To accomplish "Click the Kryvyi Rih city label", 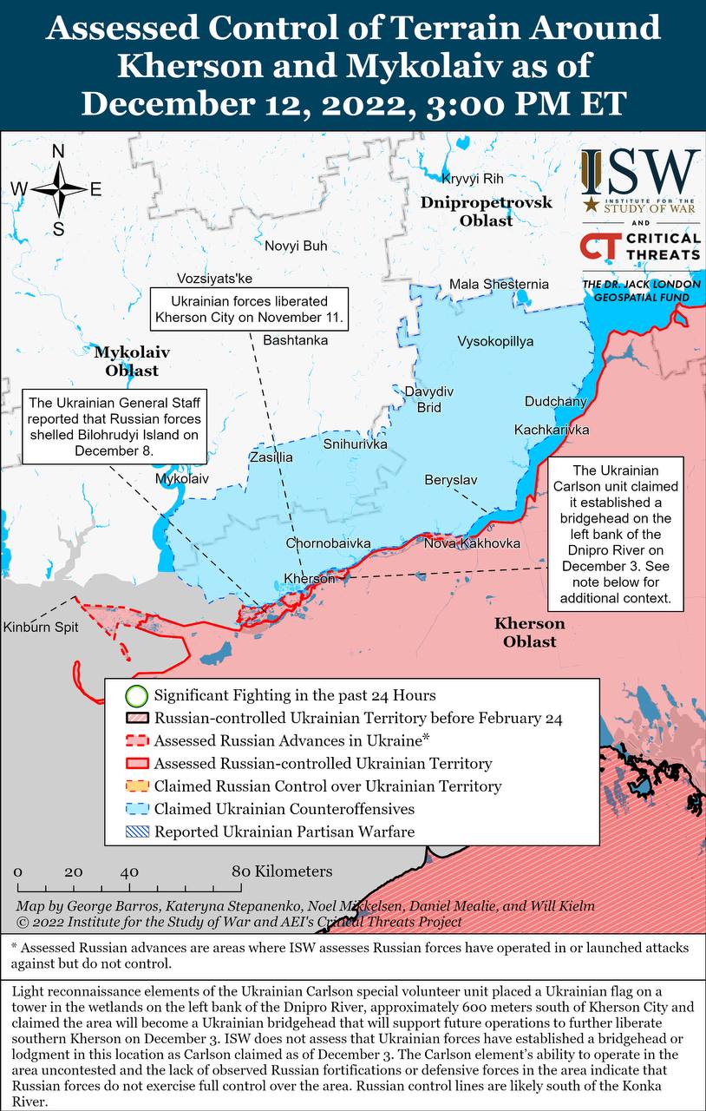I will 473,179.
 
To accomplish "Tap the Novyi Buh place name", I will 296,246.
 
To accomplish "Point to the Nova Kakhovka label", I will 472,543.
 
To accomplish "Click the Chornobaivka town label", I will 328,543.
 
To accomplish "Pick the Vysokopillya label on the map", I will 495,341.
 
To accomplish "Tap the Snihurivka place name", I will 355,444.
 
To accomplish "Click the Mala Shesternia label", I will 499,284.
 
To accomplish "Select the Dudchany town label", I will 555,402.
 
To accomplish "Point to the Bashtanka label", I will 295,339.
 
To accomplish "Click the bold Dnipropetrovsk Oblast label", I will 486,211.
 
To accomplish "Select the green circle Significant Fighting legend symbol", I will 136,695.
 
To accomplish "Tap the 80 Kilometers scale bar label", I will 281,871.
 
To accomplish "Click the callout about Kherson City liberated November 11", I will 249,309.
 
